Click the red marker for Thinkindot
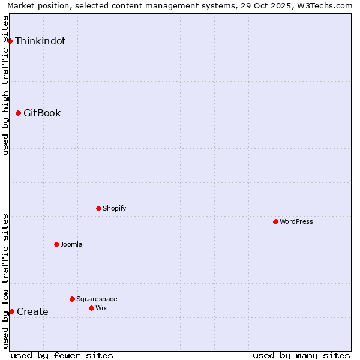tap(10, 41)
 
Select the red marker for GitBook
tap(19, 113)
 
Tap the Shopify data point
tap(99, 208)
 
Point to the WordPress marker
tap(276, 221)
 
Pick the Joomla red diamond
tap(57, 244)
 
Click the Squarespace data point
tap(73, 299)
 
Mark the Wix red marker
tap(92, 308)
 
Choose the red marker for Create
tap(12, 311)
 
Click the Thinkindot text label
tap(40, 41)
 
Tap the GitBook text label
tap(42, 113)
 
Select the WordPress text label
tap(296, 221)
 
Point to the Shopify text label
tap(115, 208)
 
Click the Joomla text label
tap(71, 244)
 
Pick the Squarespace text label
tap(97, 299)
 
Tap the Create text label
tap(32, 312)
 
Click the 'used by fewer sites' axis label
tap(62, 355)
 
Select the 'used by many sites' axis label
tap(301, 355)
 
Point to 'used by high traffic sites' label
tap(6, 85)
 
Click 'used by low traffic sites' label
tap(6, 281)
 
